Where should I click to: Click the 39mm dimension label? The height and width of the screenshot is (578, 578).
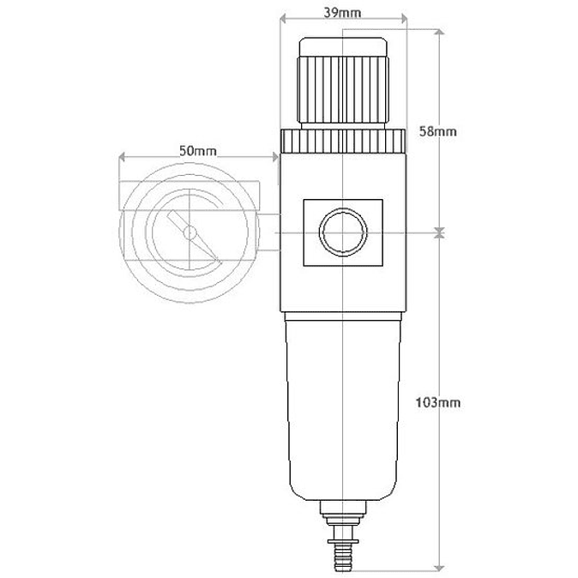click(343, 13)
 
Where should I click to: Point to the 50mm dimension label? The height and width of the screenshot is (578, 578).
click(198, 150)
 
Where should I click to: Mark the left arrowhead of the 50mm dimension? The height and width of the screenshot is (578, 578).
click(122, 158)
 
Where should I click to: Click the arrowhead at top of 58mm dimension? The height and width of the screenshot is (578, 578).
click(439, 33)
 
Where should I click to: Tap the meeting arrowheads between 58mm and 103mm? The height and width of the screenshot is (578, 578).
click(439, 232)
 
